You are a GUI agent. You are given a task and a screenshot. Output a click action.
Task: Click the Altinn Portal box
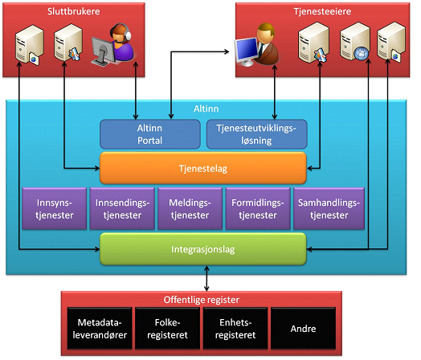[150, 134]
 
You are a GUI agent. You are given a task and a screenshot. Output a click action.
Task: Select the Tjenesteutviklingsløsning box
[256, 134]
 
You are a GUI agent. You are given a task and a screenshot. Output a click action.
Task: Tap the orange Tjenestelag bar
[203, 168]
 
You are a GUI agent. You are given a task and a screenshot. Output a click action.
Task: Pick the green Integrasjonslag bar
[203, 249]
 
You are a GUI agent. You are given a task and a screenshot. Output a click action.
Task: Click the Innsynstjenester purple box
[55, 209]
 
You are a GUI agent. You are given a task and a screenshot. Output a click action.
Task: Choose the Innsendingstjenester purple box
[122, 209]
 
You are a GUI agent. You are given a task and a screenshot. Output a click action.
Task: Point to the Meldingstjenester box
[190, 209]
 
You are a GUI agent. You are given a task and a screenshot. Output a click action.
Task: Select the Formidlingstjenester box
[258, 209]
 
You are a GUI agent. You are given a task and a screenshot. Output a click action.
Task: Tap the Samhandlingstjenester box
[329, 209]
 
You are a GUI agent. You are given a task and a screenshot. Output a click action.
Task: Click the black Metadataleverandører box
[100, 329]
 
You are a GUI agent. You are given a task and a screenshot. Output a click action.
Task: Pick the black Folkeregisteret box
[168, 329]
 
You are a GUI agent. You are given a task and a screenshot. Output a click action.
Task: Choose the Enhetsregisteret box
[235, 329]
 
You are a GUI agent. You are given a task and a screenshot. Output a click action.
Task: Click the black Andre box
[304, 329]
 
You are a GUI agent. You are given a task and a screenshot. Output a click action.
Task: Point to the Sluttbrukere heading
[74, 11]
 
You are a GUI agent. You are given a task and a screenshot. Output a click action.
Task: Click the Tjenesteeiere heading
[322, 11]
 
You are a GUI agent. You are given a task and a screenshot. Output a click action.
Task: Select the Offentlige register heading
[202, 300]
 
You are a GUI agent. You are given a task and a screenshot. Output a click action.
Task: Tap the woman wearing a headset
[121, 43]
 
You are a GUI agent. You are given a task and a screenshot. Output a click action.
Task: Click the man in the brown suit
[265, 44]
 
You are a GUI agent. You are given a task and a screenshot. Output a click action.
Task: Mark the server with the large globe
[355, 42]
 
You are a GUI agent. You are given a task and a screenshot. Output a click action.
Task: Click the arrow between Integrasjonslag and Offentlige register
[206, 278]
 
